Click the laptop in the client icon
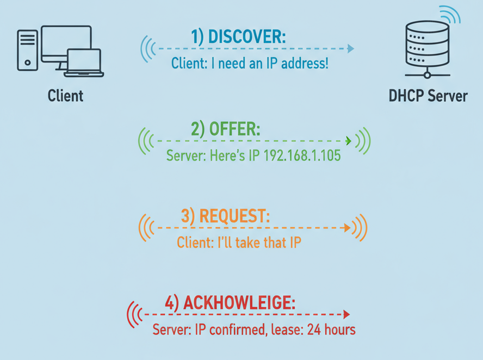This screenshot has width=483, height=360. click(84, 63)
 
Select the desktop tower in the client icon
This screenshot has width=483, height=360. click(28, 50)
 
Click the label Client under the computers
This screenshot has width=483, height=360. click(65, 96)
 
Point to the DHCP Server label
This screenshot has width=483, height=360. click(428, 96)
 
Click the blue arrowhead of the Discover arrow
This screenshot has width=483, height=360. click(351, 49)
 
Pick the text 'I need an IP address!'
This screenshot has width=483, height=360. click(267, 64)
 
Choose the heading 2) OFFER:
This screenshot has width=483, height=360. click(225, 129)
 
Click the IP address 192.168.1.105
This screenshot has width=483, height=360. click(302, 156)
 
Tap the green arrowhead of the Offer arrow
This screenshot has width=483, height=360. click(349, 141)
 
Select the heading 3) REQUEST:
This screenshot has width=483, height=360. click(225, 216)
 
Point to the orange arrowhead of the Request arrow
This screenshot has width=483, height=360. click(348, 228)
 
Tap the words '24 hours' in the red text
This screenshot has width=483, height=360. click(331, 330)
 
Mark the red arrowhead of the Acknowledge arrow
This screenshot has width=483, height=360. click(346, 314)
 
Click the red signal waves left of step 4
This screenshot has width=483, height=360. click(134, 314)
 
